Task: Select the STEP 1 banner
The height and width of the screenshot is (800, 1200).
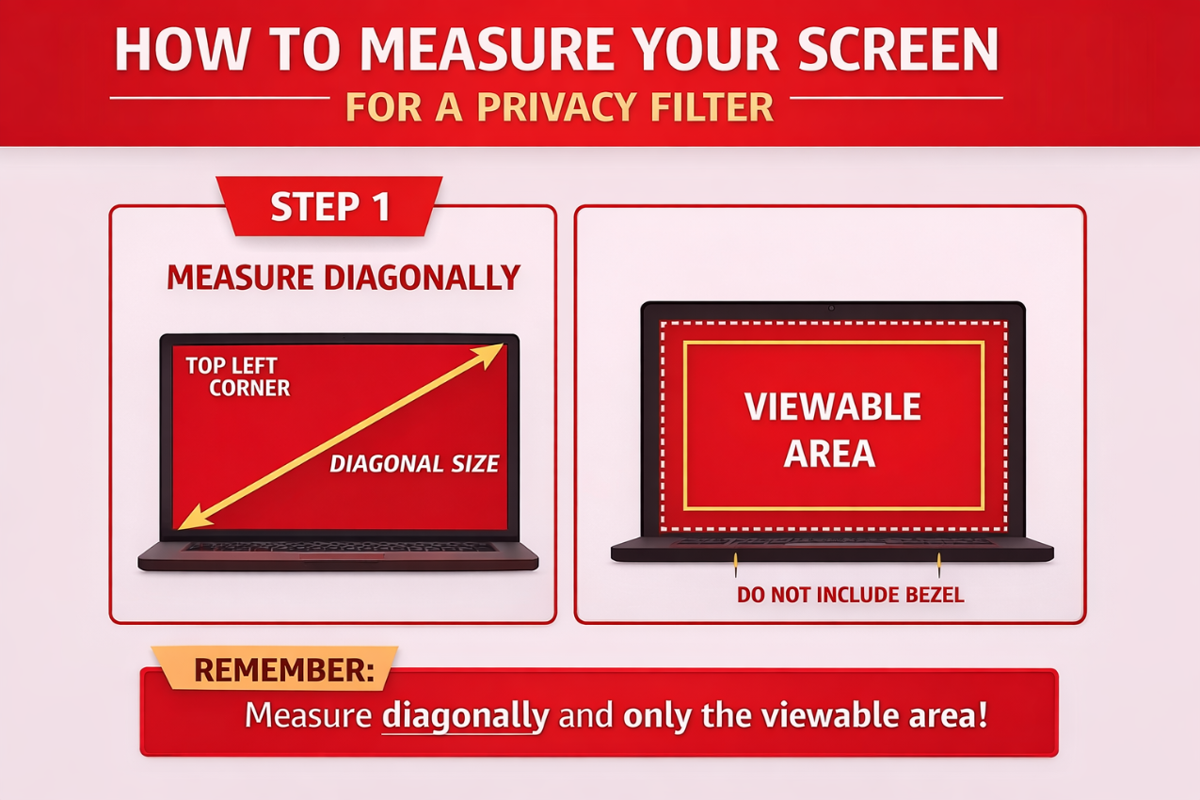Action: tap(328, 207)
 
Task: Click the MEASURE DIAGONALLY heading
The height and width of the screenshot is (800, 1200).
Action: tap(343, 278)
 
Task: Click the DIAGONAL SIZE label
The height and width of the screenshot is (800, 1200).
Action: tap(414, 463)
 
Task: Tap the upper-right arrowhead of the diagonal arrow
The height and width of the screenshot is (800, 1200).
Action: tap(492, 353)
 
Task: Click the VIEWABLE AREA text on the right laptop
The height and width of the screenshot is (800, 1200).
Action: tap(832, 430)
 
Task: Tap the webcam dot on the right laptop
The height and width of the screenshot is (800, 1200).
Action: tap(832, 308)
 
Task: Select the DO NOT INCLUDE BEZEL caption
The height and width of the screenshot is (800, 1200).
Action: tap(850, 595)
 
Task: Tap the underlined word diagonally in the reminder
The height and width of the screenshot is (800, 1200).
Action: tap(465, 716)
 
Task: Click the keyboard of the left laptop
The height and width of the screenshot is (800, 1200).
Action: tap(339, 547)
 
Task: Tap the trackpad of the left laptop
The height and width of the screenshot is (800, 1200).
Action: tap(342, 557)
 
